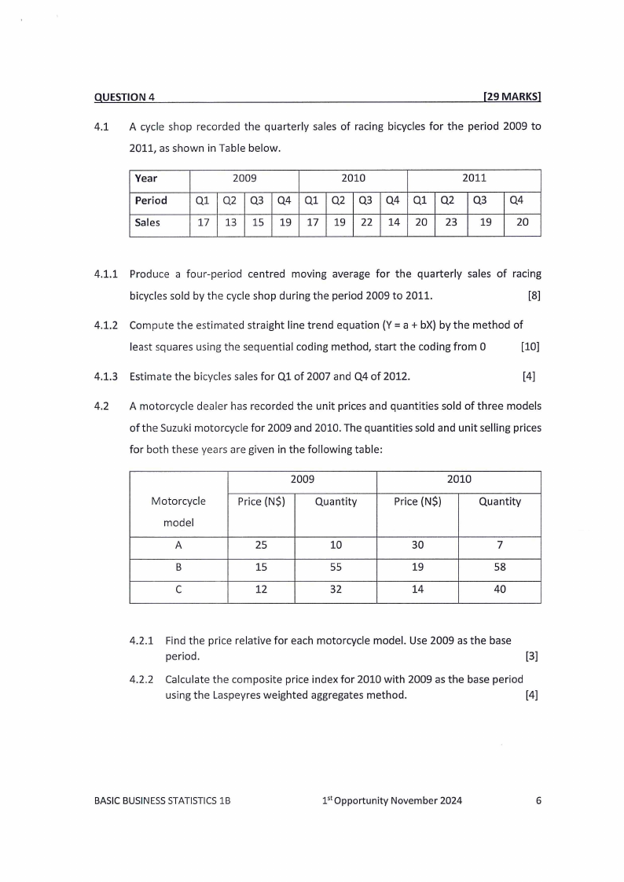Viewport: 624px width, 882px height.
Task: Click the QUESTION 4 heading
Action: tap(124, 97)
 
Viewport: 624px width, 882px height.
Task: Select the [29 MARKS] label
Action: tap(512, 97)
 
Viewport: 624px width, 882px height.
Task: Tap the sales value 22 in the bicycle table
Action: tap(365, 222)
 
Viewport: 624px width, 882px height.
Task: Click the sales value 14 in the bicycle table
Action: tap(394, 222)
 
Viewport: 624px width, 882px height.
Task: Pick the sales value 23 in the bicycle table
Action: tap(450, 222)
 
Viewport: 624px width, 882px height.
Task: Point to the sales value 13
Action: tap(230, 222)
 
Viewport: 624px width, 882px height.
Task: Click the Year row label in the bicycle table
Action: tap(146, 178)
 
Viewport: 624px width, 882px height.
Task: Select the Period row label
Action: tap(151, 200)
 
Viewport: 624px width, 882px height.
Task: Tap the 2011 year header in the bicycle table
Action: tap(474, 178)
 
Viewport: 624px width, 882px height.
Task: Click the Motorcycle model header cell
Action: tap(178, 511)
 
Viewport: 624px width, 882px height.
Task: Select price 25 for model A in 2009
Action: tap(262, 547)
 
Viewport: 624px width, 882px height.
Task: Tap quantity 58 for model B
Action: tap(499, 569)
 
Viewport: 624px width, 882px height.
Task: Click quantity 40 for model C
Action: tap(499, 591)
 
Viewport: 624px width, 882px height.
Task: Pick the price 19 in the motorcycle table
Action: tap(417, 569)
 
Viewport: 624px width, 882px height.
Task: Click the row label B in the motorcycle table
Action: tap(178, 569)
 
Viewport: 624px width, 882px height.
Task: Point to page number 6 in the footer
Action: tap(538, 801)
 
